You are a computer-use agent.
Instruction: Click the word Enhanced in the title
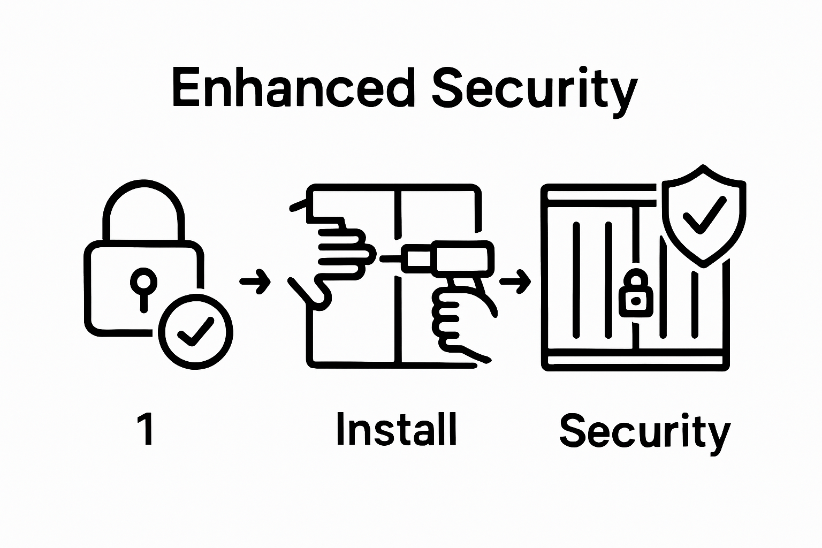[293, 88]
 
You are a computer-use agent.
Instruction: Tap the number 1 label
[146, 430]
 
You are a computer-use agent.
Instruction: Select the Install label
[397, 429]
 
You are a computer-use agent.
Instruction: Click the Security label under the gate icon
[644, 431]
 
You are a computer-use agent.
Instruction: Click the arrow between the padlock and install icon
[255, 280]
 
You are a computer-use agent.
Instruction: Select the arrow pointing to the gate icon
[515, 280]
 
